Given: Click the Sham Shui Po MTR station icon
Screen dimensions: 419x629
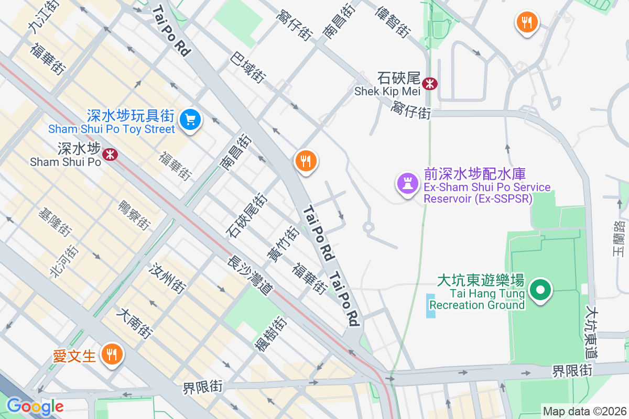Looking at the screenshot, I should tap(110, 154).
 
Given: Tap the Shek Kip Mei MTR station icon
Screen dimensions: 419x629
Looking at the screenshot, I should tap(430, 83).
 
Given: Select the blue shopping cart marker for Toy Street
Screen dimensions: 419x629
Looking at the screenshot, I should tap(190, 120).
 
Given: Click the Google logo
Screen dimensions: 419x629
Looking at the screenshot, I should tap(35, 406).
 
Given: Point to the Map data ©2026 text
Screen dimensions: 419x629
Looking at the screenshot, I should tap(584, 411).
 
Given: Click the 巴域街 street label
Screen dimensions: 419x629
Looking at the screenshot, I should tap(247, 67).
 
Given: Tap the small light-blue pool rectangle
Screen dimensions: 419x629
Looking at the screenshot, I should tap(431, 306).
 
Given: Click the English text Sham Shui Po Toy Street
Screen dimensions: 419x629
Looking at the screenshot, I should tap(111, 129).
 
